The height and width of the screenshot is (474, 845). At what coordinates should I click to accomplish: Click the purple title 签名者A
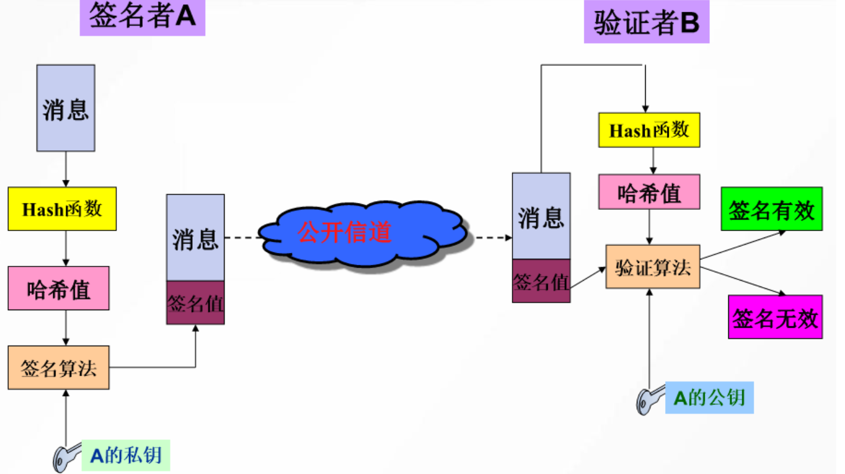point(142,18)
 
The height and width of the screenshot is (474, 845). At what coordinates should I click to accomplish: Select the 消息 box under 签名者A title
point(65,108)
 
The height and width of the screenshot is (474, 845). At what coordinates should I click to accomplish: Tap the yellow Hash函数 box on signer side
point(62,209)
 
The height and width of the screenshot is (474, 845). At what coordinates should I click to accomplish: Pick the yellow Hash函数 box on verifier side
point(649,130)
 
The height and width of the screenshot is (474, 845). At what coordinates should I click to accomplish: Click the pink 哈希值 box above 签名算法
point(58,288)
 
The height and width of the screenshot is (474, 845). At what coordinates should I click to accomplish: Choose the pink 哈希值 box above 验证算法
point(649,192)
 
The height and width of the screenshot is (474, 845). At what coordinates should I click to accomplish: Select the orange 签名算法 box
point(58,367)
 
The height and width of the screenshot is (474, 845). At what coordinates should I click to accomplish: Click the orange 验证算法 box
point(653,267)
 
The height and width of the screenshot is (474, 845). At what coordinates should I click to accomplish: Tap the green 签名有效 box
point(771,209)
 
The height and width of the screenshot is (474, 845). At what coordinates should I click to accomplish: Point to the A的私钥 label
point(126,455)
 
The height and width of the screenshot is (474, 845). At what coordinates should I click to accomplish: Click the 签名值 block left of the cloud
point(195,302)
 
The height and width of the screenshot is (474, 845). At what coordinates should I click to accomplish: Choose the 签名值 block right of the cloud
point(541,281)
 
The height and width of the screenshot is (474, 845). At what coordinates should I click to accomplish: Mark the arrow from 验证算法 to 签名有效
point(743,244)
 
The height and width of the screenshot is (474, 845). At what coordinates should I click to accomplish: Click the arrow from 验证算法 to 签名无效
point(743,281)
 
